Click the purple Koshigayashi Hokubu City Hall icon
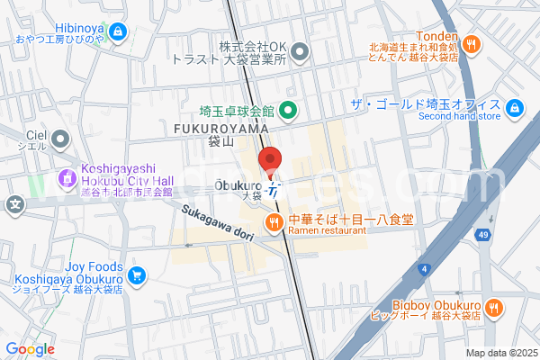(67, 178)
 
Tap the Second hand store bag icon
(514, 109)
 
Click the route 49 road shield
(485, 236)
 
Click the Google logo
(30, 349)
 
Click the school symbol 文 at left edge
(15, 203)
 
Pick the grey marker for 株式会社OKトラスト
(301, 52)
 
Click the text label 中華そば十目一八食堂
(351, 219)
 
